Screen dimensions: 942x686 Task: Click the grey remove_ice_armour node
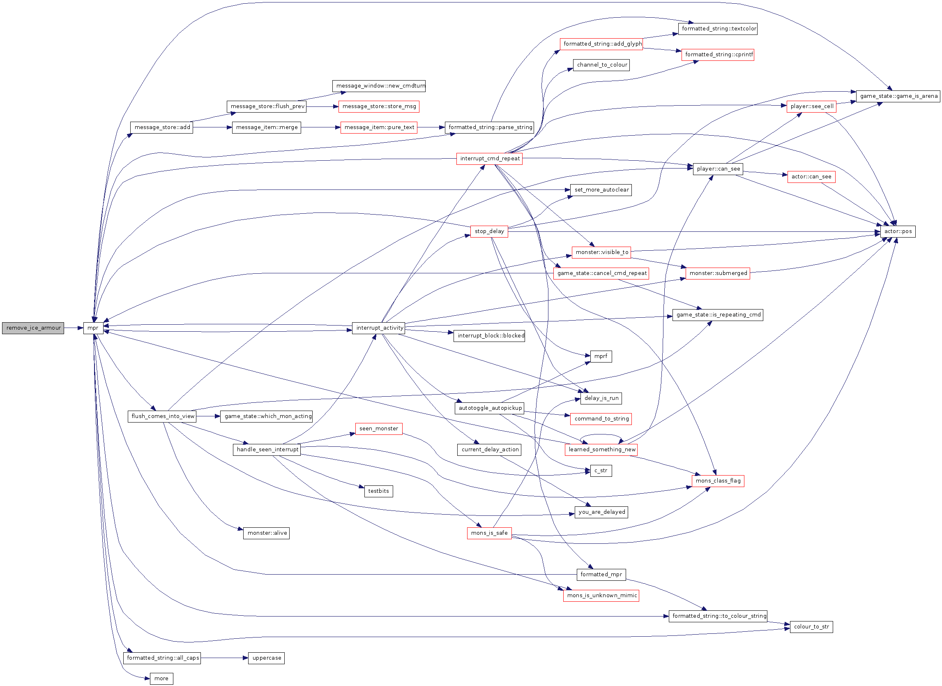click(33, 328)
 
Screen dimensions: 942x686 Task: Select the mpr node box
click(93, 328)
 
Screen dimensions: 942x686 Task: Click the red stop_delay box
click(489, 231)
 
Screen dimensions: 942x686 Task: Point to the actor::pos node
click(898, 231)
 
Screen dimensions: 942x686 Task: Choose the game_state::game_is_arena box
click(898, 96)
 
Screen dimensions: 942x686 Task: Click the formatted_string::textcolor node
click(718, 29)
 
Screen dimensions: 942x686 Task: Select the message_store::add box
click(162, 127)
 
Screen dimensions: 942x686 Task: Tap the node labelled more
click(161, 679)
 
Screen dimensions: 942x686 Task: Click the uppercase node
click(267, 658)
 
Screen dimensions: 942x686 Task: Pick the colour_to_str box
click(812, 627)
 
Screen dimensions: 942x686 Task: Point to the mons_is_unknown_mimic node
click(601, 596)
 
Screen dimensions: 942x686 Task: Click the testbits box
click(378, 492)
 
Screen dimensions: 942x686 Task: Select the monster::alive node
click(267, 533)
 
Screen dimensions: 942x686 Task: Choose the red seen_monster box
click(379, 429)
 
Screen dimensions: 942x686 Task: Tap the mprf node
click(601, 356)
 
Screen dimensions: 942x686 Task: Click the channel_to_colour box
click(601, 65)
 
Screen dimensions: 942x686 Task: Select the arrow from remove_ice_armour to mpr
click(74, 328)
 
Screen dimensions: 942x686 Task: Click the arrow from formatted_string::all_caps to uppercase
click(225, 658)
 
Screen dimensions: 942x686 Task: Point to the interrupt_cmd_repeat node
click(489, 159)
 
